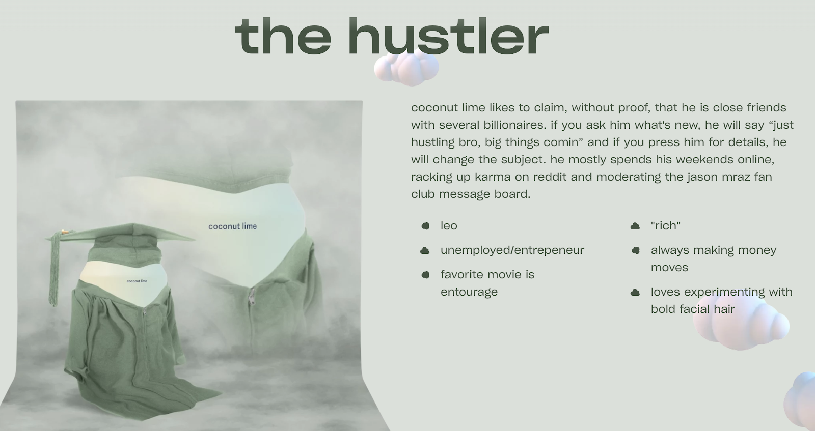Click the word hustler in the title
[448, 36]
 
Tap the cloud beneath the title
[406, 67]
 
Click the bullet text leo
[449, 225]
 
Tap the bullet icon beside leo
[425, 226]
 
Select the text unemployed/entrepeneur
[512, 250]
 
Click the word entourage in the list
[469, 292]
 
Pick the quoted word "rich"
[665, 225]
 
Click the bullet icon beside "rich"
[635, 226]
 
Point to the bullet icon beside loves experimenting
[635, 292]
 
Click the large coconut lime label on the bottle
[232, 226]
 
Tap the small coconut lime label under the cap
[137, 281]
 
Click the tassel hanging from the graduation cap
[55, 269]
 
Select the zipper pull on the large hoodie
[252, 296]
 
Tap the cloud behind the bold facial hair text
[741, 322]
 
